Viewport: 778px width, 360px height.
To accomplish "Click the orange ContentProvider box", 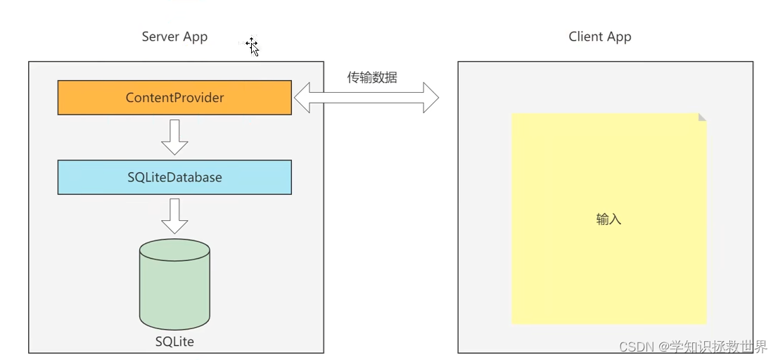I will coord(174,98).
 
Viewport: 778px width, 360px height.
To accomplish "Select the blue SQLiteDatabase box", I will coord(174,177).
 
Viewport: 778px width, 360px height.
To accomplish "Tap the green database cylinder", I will coord(174,288).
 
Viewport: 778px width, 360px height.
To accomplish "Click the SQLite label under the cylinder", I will coord(174,342).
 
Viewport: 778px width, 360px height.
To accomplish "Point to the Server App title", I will coord(174,37).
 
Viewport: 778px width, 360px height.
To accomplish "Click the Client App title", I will coord(600,37).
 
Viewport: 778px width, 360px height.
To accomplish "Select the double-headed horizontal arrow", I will coord(366,98).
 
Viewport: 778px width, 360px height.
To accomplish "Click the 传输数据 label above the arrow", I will coord(372,77).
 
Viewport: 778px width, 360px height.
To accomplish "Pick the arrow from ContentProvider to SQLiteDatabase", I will coord(174,137).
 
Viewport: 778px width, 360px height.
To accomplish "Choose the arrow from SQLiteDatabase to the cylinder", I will coord(174,216).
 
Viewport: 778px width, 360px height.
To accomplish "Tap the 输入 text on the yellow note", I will coord(608,219).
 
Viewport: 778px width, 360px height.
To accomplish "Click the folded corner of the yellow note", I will coord(701,117).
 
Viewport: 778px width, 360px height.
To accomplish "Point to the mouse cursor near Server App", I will coord(253,47).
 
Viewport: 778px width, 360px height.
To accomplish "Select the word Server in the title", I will coord(158,37).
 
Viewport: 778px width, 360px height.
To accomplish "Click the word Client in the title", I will coord(585,37).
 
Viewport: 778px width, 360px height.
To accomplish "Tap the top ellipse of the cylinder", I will coord(174,250).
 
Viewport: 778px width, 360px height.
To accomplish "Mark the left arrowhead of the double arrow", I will coord(302,98).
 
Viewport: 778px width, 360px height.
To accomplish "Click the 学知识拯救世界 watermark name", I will coord(718,347).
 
